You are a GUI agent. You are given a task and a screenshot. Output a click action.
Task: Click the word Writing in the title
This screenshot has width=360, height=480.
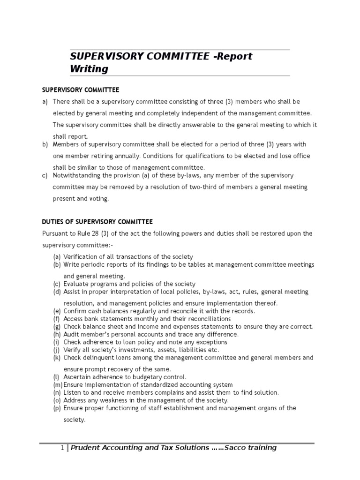pos(89,69)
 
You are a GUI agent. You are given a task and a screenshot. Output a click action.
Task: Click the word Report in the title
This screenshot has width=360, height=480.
pos(234,56)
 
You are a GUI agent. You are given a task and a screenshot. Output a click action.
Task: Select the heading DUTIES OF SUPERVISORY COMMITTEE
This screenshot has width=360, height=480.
pos(97,222)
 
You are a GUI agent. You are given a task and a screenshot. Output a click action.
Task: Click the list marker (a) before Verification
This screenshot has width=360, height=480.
pos(57,257)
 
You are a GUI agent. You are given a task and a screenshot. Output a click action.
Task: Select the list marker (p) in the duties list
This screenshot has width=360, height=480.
pos(57,408)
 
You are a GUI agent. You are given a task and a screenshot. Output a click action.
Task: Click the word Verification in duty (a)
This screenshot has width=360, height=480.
pos(82,257)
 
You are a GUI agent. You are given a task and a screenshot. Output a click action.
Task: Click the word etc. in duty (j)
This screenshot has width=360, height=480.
pos(213,350)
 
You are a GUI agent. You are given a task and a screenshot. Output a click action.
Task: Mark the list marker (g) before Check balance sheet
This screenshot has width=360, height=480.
pos(57,327)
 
